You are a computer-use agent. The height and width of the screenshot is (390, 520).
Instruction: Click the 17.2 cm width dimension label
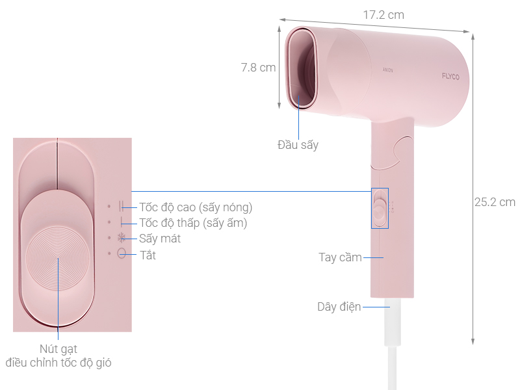pos(383,15)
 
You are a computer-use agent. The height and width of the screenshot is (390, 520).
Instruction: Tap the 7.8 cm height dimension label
pos(258,68)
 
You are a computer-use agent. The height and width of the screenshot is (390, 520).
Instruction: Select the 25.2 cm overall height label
pos(495,202)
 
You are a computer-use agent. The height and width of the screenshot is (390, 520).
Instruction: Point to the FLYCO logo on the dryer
pos(450,77)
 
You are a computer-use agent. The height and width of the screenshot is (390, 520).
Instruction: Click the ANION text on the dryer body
pos(387,70)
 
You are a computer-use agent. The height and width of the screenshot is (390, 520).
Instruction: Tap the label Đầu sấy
pos(298,145)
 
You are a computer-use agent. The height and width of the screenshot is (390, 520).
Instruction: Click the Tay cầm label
pos(340,257)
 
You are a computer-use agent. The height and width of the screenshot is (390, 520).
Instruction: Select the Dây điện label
pos(339,307)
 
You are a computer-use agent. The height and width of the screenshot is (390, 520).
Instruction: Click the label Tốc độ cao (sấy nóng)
pos(196,207)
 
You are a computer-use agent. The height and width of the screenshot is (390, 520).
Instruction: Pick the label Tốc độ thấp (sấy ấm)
pos(193,223)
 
